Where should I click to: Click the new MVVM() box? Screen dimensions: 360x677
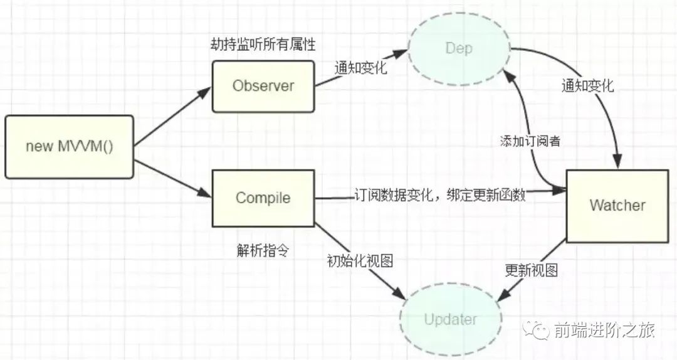coord(70,147)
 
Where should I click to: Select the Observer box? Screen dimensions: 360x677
coord(263,86)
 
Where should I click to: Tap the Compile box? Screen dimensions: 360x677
coord(263,198)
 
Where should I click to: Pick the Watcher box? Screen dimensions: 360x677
coord(617,205)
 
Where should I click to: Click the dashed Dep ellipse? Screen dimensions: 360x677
coord(459,48)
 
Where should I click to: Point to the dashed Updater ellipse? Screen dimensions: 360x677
coord(450,319)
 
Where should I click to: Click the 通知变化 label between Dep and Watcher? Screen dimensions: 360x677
coord(587,87)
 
